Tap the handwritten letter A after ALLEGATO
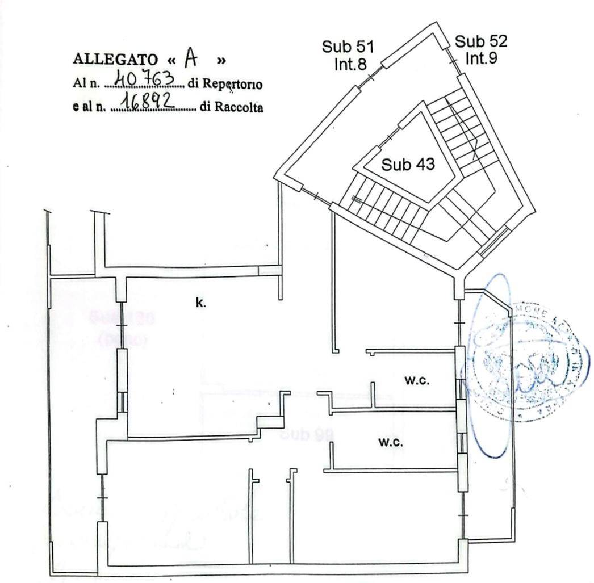click(x=190, y=57)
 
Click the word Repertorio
click(x=233, y=84)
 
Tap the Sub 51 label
click(x=348, y=47)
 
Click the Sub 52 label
click(x=481, y=41)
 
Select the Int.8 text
click(x=350, y=64)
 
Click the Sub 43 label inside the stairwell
click(x=408, y=165)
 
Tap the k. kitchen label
click(x=201, y=303)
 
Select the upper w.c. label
click(x=417, y=381)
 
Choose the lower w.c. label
click(x=391, y=442)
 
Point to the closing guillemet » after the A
click(x=221, y=60)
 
